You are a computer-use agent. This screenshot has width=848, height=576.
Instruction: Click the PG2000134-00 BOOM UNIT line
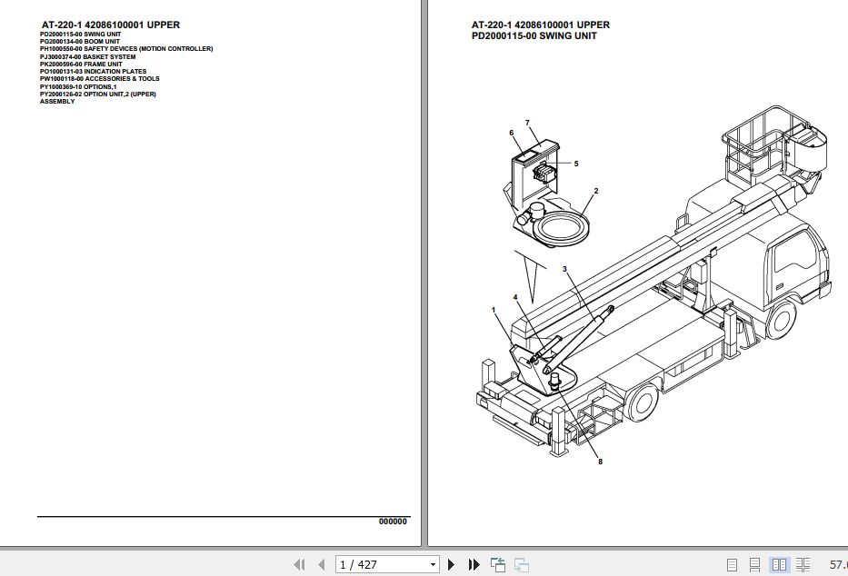(80, 41)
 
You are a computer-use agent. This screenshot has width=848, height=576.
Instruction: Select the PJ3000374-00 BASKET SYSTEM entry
(87, 56)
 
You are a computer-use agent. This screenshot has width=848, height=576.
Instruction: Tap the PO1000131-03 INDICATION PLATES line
(93, 72)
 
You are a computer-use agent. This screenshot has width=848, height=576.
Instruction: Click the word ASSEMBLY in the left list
(57, 102)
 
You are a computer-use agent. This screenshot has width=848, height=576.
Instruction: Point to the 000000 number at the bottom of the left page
(393, 521)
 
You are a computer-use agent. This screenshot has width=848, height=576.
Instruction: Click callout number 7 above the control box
(526, 123)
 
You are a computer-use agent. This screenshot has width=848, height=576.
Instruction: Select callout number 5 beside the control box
(575, 164)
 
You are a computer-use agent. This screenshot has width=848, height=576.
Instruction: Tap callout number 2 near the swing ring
(595, 192)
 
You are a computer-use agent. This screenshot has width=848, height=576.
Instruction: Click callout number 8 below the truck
(600, 462)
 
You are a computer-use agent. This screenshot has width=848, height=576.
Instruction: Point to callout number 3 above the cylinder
(564, 269)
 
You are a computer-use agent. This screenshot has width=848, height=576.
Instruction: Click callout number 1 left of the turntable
(494, 311)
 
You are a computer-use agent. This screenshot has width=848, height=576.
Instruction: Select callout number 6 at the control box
(511, 134)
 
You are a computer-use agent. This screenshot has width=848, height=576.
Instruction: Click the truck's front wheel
(780, 319)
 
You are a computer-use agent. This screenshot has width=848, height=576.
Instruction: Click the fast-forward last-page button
(474, 565)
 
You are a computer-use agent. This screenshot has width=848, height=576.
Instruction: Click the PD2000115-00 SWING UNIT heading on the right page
(534, 36)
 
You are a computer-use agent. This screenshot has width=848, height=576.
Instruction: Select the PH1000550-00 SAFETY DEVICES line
(126, 49)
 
